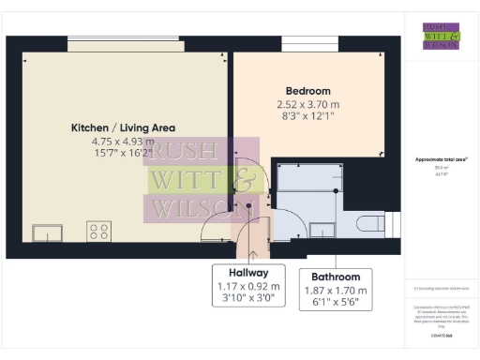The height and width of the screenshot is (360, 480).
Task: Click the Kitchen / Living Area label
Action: click(x=123, y=127)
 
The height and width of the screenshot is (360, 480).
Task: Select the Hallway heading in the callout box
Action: click(x=242, y=273)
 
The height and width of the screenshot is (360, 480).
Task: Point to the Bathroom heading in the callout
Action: click(x=336, y=277)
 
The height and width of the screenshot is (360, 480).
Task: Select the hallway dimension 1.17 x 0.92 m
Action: click(x=242, y=286)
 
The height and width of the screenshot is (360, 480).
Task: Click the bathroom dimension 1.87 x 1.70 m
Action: click(x=336, y=291)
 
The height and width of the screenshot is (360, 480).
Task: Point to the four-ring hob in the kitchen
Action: click(x=98, y=231)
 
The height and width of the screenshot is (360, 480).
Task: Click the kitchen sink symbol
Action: click(x=47, y=232)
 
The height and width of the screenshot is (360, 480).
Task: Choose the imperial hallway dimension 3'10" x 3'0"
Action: click(x=242, y=299)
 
